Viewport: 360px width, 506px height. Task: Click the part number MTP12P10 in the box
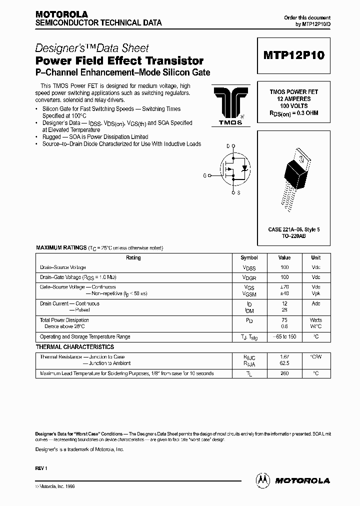click(293, 55)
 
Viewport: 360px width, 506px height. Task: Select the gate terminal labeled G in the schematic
click(204, 175)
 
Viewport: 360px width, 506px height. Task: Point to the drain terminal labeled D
click(228, 146)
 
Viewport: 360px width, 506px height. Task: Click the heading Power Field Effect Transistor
click(119, 61)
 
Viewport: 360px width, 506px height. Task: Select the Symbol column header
click(249, 258)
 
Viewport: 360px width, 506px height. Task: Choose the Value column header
click(284, 258)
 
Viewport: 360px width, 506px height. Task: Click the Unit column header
click(315, 258)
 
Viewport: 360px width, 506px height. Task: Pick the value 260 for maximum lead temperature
click(284, 373)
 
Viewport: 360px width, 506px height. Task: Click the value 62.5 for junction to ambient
click(284, 363)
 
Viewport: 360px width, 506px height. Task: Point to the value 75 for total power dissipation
click(284, 320)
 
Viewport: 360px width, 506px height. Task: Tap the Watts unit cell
click(315, 320)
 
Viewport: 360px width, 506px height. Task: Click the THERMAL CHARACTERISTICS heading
click(75, 347)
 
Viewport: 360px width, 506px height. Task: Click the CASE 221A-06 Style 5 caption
click(293, 229)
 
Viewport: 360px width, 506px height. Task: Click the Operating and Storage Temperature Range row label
click(85, 337)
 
